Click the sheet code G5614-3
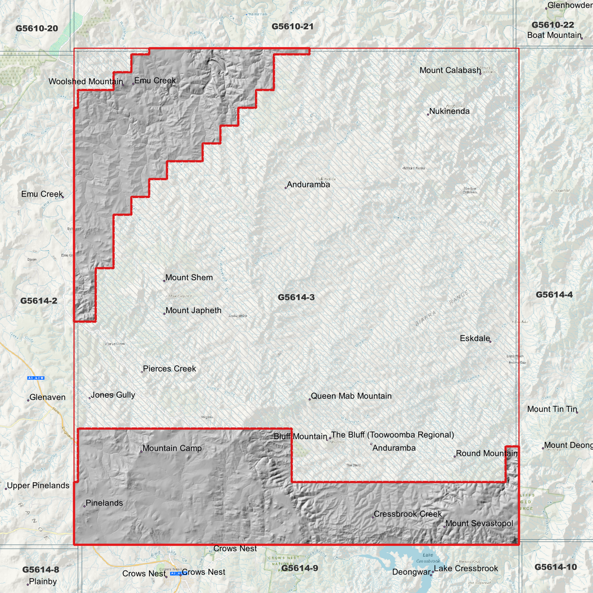[296, 297]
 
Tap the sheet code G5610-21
[292, 27]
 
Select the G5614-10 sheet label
[555, 567]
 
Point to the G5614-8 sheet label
[41, 570]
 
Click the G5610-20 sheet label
[37, 28]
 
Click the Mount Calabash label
[450, 70]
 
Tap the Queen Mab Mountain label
[351, 396]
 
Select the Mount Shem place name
[189, 277]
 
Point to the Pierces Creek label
[169, 369]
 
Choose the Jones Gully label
[113, 395]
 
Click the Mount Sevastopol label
[479, 523]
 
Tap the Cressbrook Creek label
[408, 514]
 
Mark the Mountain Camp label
[172, 448]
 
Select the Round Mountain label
[487, 453]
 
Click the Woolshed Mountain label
[85, 81]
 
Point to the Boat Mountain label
[554, 35]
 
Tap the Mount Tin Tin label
[552, 409]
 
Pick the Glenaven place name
[47, 397]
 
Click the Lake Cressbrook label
[466, 568]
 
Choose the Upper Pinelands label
[38, 485]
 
